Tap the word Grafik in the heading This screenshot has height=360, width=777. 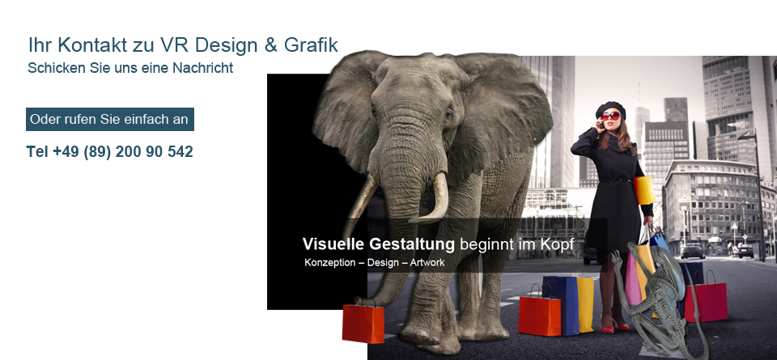[311, 45]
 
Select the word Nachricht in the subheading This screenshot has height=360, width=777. [202, 68]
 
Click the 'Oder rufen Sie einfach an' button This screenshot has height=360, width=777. [110, 120]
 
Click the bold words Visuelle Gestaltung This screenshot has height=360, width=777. [378, 244]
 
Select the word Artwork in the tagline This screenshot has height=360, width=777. [427, 262]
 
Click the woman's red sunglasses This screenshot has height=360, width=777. [611, 116]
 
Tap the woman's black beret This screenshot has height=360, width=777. [610, 108]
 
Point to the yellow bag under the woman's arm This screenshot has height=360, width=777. [643, 190]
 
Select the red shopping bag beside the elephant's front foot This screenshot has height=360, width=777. [363, 324]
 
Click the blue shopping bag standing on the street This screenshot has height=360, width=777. [561, 304]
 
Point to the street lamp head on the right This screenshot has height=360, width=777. [747, 135]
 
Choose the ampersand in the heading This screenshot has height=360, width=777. [270, 45]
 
